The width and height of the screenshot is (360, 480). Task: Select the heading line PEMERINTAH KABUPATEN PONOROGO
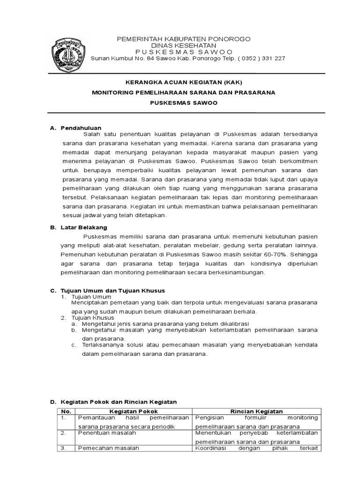[x=183, y=38]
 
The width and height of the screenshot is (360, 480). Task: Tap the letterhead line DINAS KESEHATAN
[x=183, y=45]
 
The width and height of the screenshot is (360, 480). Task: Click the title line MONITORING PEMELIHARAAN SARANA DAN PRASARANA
[x=183, y=93]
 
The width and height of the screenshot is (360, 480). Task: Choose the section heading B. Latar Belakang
[x=81, y=227]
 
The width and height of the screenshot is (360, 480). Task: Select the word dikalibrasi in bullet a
[x=232, y=323]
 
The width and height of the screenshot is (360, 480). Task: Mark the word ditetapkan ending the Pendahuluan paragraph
[x=150, y=215]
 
